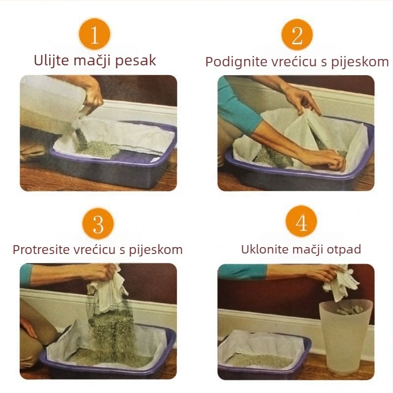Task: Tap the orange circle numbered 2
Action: (x=297, y=34)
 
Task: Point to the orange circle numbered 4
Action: (x=301, y=224)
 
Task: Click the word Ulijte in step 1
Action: (x=51, y=60)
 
